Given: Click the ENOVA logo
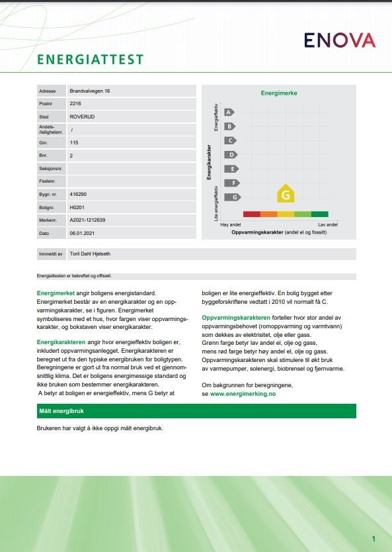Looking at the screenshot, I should coord(339,40).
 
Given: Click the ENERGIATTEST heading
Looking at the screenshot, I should coord(91,60).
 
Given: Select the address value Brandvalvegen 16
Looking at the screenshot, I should coord(90,91).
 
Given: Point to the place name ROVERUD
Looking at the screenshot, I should coord(81,116).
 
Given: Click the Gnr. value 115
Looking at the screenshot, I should coord(73,142).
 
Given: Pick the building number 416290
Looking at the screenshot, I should coord(78,194).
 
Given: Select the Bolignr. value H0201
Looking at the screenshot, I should coord(77,207).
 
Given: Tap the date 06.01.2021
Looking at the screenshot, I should coord(82,233).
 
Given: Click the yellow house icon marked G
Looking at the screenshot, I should coord(286,195).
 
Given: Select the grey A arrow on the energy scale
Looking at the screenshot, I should coord(229,113).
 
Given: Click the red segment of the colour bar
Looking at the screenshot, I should coord(251,214).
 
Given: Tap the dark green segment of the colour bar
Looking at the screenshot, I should coord(319,214).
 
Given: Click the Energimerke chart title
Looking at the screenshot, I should coord(279,93).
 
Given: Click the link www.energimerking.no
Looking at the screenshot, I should coord(242,393).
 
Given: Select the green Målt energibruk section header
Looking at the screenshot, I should coord(196,411).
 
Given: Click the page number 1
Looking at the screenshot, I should coord(373,539).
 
